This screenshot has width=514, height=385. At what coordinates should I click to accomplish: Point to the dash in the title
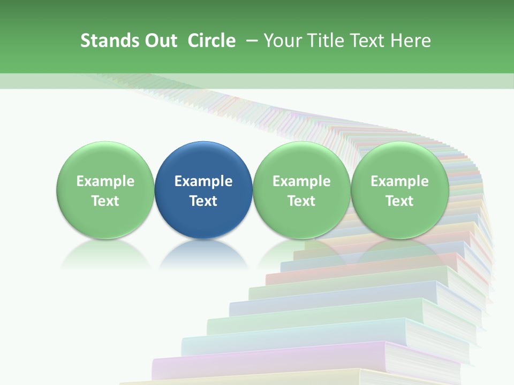coord(252,41)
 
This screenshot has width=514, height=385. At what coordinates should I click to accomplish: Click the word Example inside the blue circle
coord(203,181)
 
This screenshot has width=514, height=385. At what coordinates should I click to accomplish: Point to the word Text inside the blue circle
coord(203,201)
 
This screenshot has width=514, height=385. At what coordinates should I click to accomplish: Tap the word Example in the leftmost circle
coord(105,181)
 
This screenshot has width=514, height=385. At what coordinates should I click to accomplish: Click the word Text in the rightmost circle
coord(400,201)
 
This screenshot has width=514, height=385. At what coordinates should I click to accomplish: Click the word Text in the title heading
coord(368,41)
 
